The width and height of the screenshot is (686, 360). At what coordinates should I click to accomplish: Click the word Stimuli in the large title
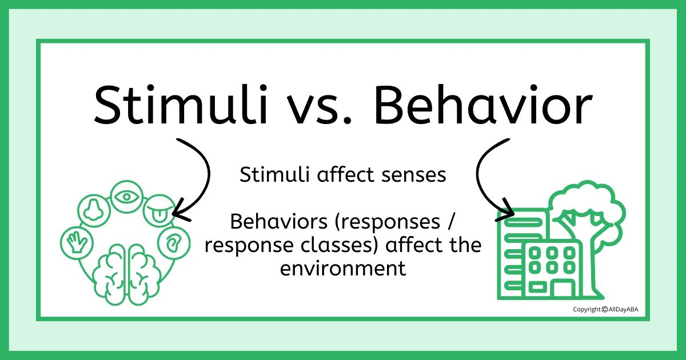pos(181,105)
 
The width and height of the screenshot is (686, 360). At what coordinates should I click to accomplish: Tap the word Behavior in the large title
pos(483,105)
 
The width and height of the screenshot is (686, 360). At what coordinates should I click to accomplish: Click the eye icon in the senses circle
pos(127,197)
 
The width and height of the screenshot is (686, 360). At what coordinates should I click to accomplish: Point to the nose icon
pos(94,210)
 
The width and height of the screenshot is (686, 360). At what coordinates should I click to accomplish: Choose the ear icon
pos(174,243)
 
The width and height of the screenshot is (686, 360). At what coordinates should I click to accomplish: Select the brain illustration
pos(127,274)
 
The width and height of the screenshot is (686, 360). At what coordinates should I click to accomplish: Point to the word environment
pos(343,269)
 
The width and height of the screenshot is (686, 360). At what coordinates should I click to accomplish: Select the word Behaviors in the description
pos(279,221)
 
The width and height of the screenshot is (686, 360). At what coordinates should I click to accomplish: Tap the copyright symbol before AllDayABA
pos(605,310)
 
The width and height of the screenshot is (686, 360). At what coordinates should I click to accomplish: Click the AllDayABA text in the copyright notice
pos(624,310)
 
